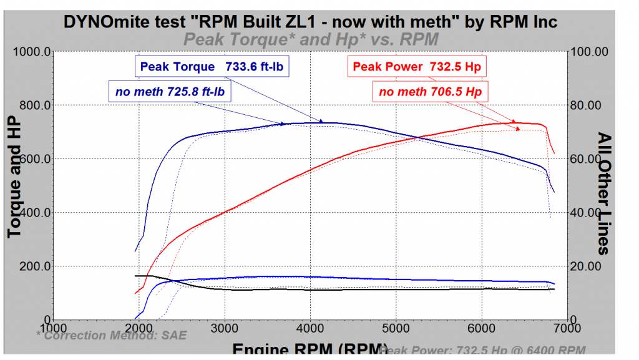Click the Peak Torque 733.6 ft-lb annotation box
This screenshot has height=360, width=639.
pos(213,67)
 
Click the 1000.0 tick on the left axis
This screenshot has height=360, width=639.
pos(31,52)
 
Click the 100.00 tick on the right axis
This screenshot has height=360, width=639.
pos(590,52)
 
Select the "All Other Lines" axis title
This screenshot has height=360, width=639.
pos(603,193)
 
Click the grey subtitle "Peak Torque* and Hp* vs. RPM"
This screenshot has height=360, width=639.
pos(310,39)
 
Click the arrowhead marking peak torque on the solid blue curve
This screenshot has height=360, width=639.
pos(321,122)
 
